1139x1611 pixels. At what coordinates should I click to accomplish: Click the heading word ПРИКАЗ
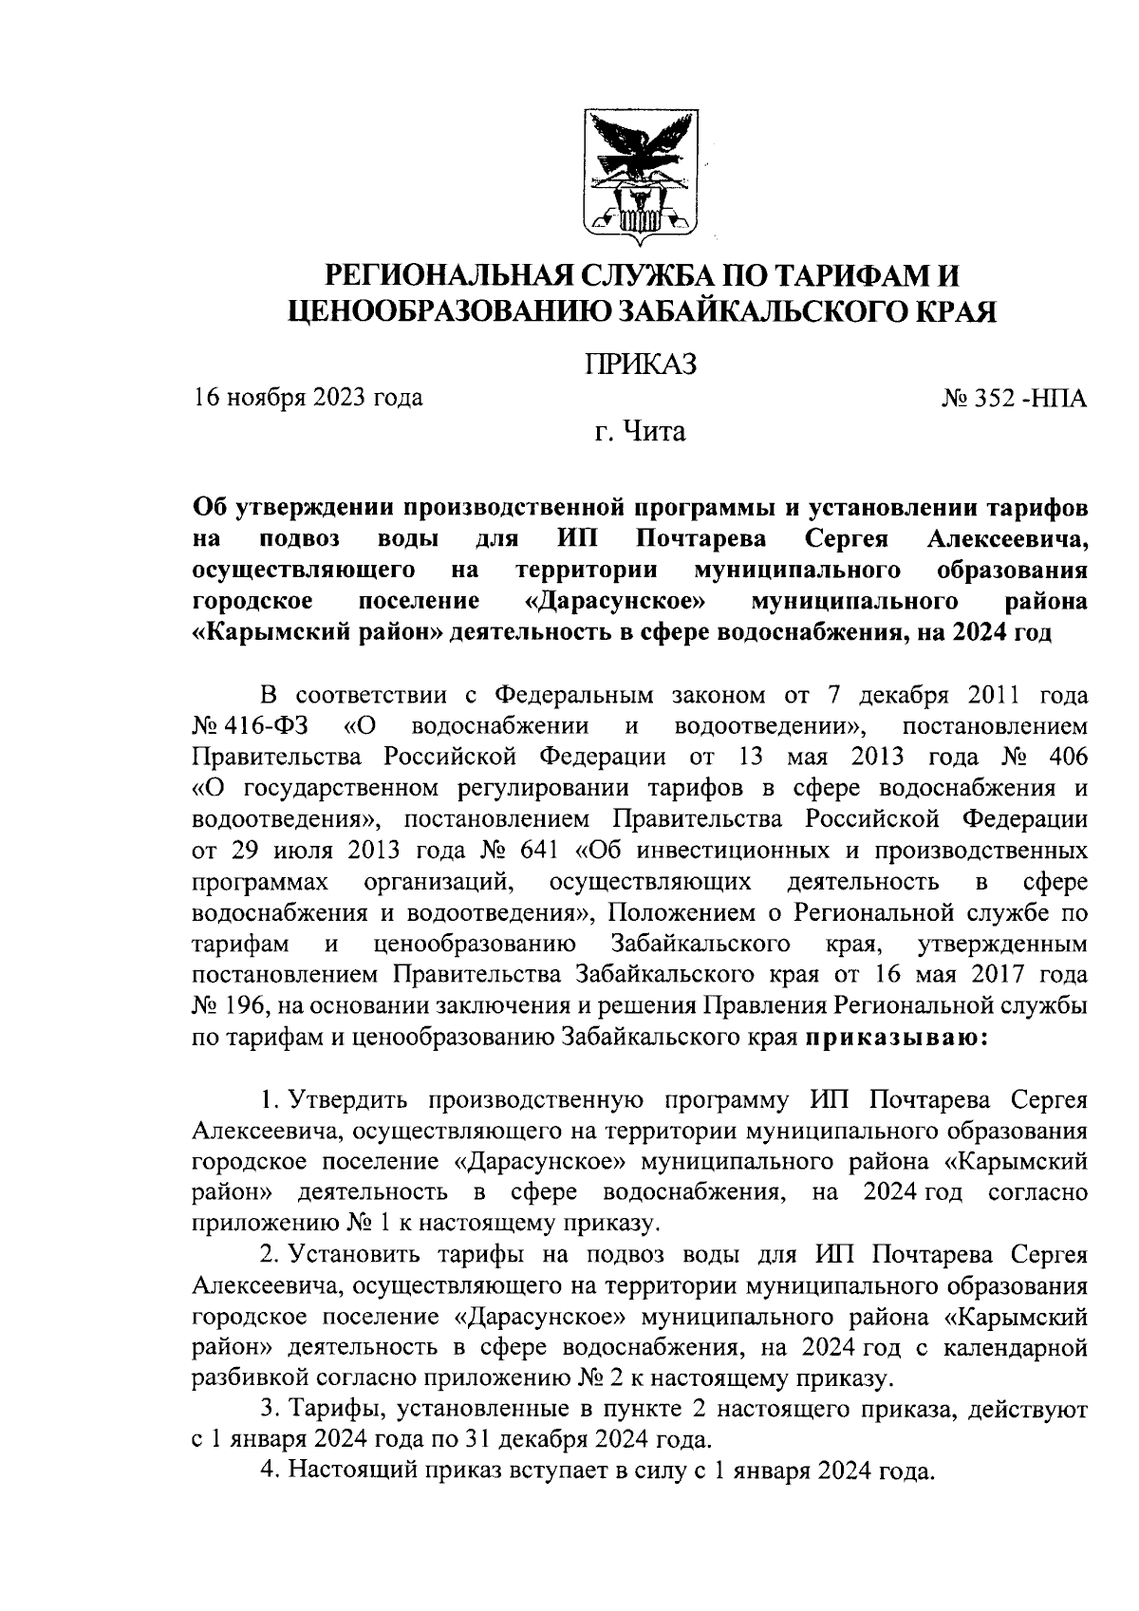click(x=641, y=364)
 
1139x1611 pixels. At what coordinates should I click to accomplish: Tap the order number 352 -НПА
click(x=1028, y=399)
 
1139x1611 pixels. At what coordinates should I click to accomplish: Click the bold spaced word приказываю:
click(x=897, y=1037)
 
